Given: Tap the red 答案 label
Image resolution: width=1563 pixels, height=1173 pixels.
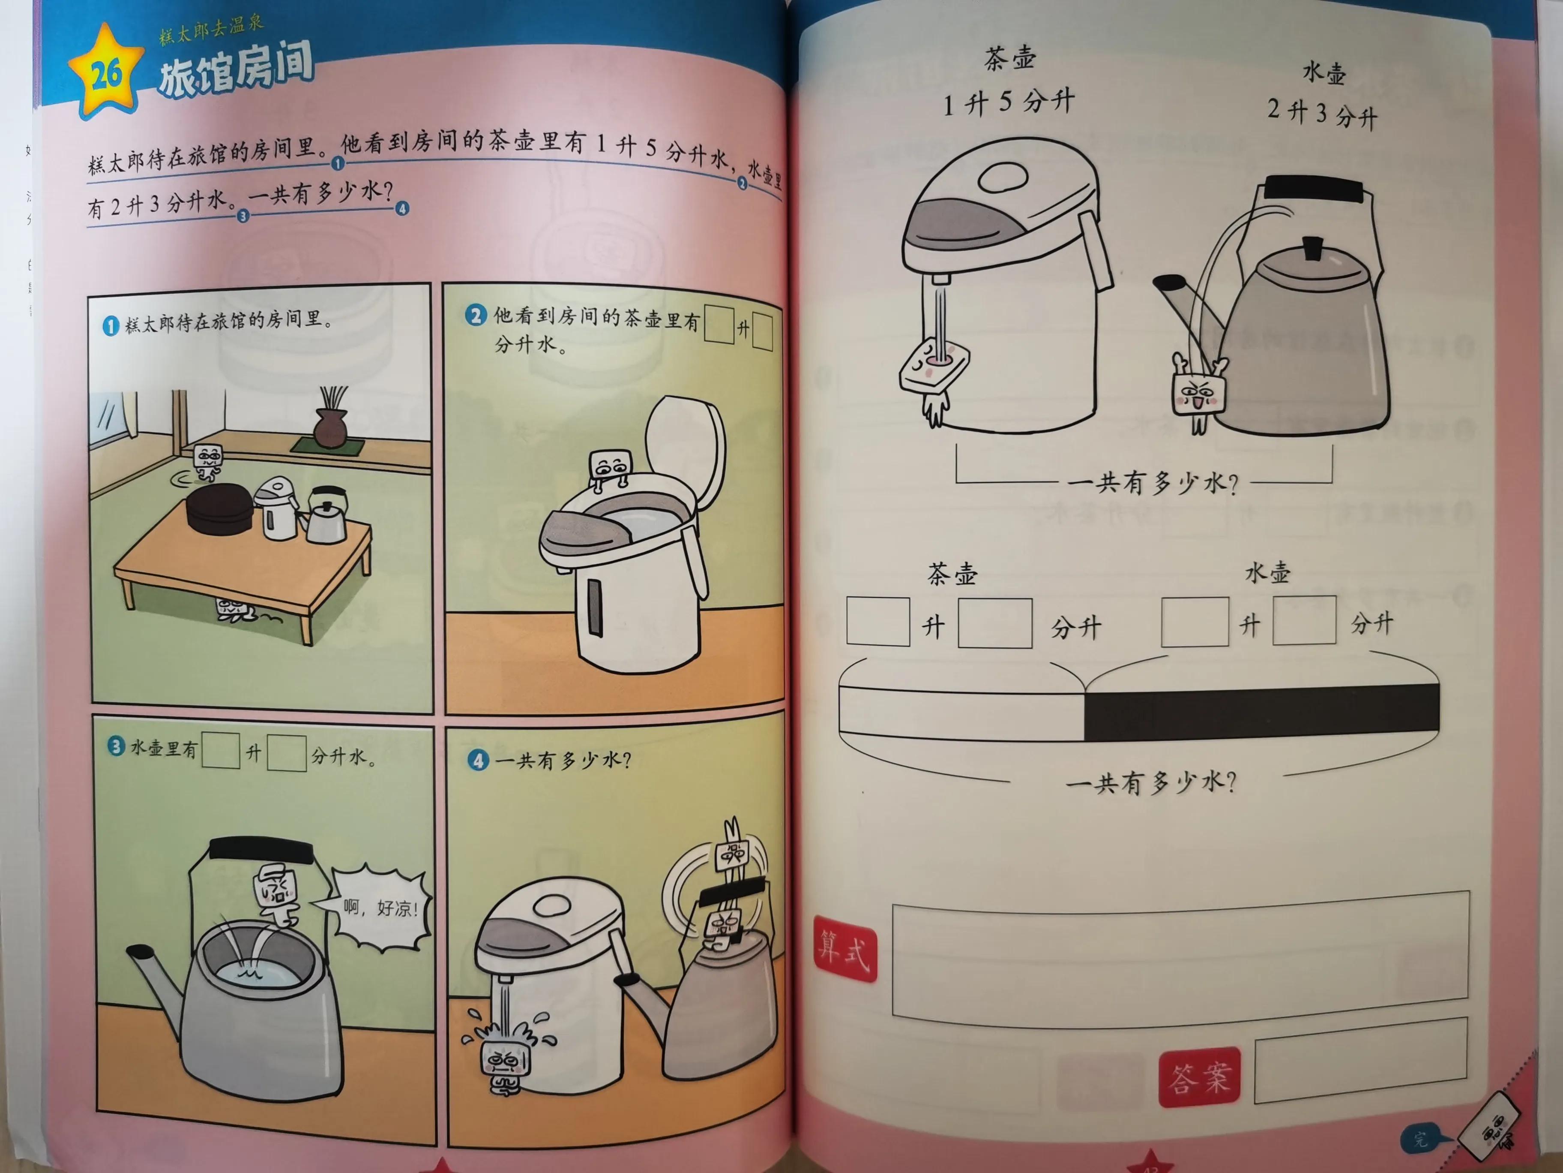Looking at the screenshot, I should click(x=1200, y=1077).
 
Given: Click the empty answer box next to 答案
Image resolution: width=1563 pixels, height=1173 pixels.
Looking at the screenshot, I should click(x=1360, y=1061).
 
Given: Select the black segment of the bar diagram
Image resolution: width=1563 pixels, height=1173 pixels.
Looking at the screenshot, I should click(x=1261, y=712).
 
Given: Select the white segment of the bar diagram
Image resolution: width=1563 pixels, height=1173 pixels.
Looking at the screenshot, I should click(x=961, y=714).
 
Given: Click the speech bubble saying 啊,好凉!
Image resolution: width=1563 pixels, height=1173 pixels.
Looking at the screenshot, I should click(x=380, y=908).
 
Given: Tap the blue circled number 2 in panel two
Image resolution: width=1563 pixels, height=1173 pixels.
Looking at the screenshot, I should click(x=476, y=316).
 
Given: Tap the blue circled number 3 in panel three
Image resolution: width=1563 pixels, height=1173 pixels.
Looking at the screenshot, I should click(x=116, y=747).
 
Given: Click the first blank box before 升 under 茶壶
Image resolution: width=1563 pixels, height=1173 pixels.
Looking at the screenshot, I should click(x=877, y=622).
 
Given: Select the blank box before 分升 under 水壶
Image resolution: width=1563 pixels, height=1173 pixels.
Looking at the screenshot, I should click(x=1304, y=620).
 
